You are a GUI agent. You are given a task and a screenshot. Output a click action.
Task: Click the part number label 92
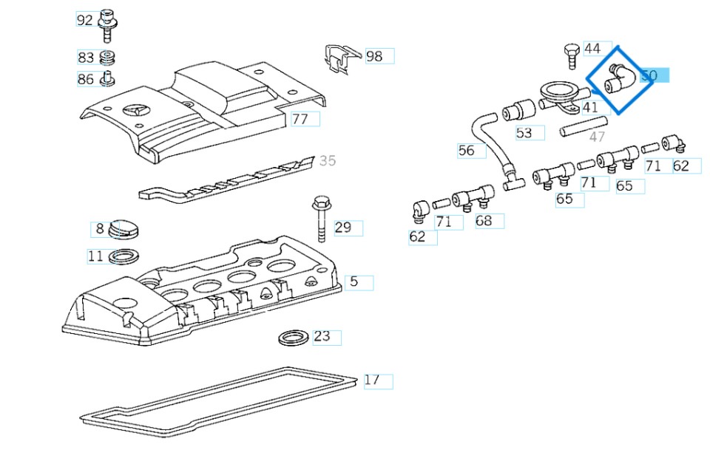click(85, 20)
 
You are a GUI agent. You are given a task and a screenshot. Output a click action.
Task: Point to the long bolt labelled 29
click(321, 218)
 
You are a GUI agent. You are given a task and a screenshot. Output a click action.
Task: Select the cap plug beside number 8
click(126, 232)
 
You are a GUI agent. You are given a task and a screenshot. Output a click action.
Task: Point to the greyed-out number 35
click(327, 160)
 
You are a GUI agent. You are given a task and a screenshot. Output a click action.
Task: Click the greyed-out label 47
click(597, 137)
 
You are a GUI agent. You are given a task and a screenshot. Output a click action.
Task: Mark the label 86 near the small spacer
click(85, 79)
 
